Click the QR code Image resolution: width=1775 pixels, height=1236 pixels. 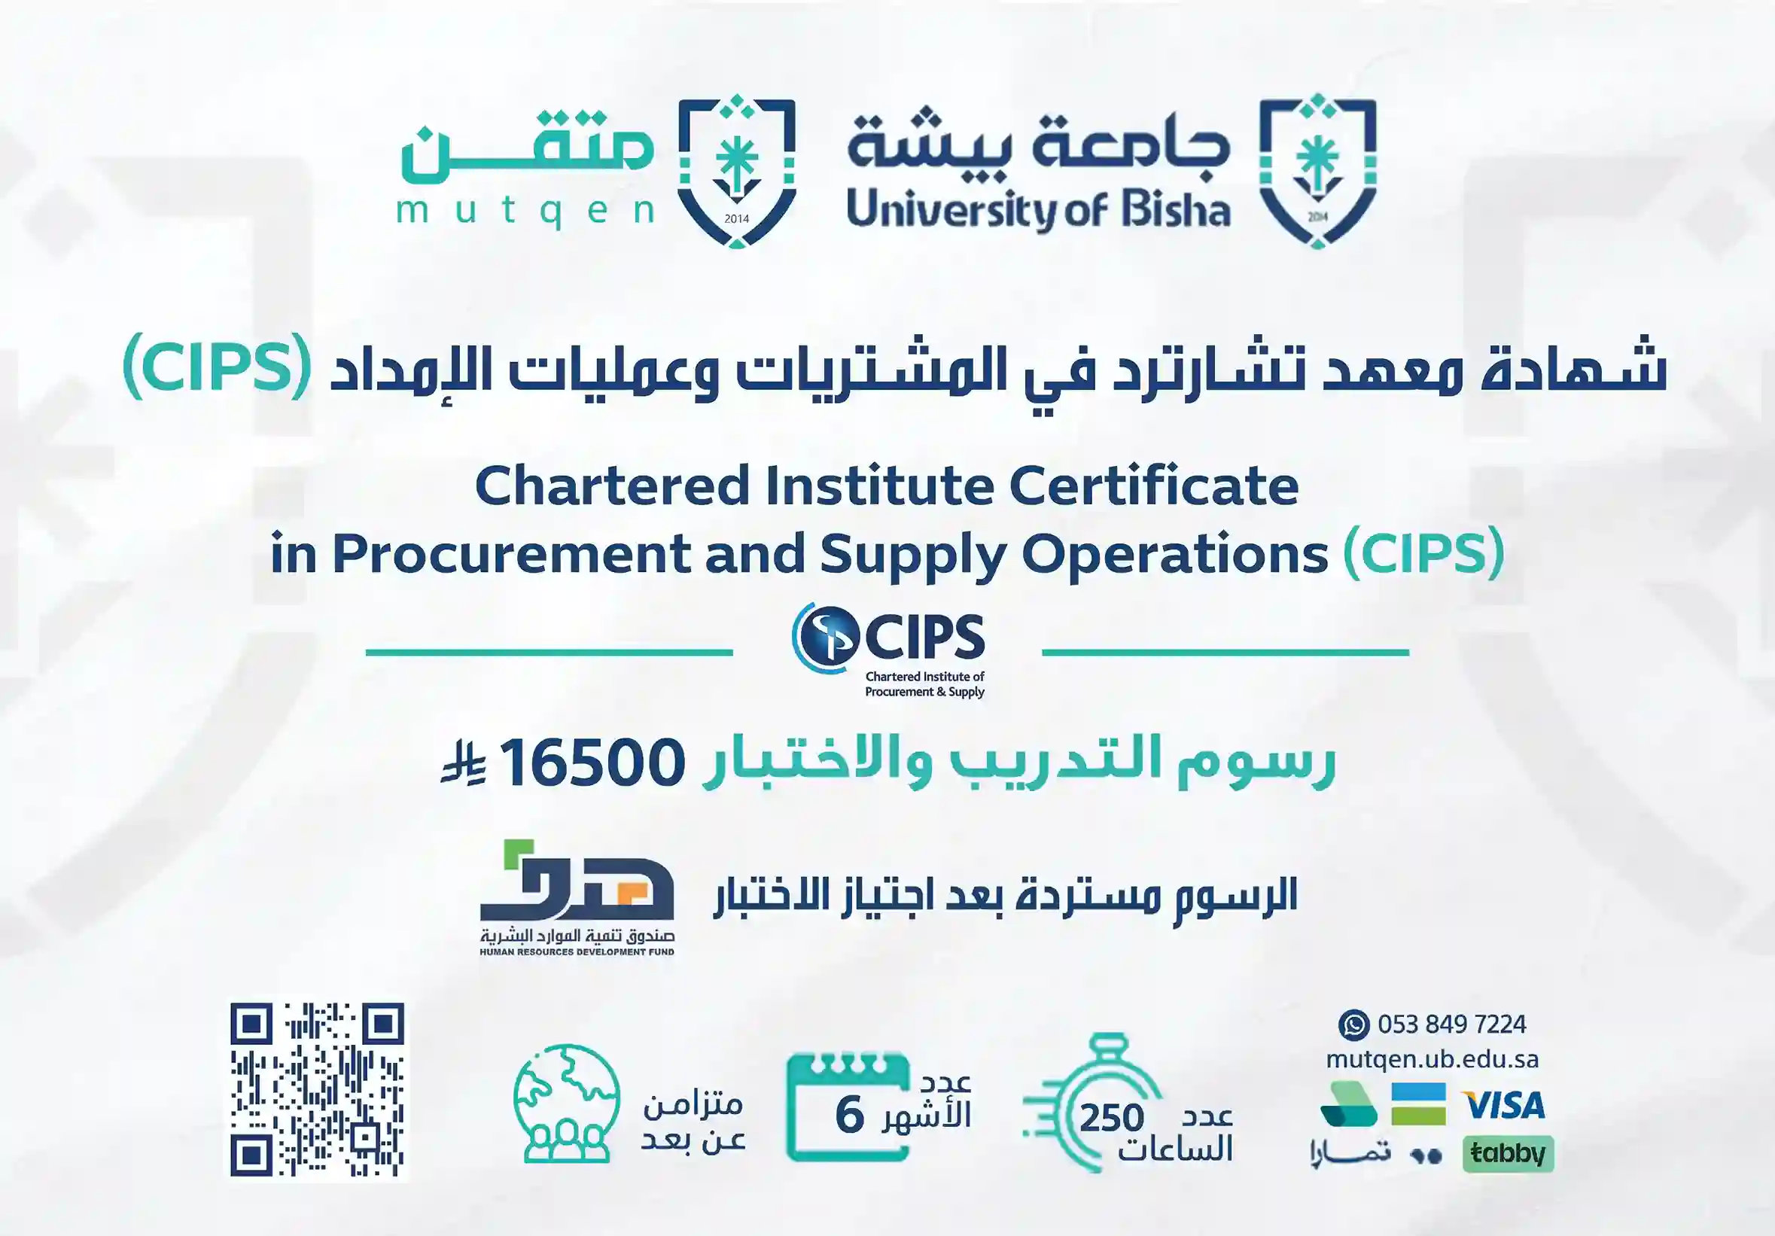(x=317, y=1090)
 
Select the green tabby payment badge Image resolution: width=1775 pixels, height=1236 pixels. (x=1508, y=1154)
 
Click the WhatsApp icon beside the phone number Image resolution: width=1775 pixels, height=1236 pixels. (x=1353, y=1025)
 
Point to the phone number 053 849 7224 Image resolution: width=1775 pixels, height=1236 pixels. (x=1451, y=1025)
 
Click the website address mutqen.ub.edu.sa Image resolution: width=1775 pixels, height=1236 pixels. (x=1432, y=1059)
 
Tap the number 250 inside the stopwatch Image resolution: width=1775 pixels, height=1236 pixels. (x=1112, y=1118)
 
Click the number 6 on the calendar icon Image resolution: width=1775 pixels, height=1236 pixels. (x=849, y=1116)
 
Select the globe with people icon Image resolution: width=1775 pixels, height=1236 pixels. (x=567, y=1103)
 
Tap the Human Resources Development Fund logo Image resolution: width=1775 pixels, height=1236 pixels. (x=577, y=897)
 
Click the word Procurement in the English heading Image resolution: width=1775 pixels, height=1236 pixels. (x=512, y=554)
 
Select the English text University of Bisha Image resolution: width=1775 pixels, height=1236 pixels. (x=1038, y=210)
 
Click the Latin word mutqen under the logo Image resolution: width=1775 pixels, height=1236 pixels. (x=525, y=211)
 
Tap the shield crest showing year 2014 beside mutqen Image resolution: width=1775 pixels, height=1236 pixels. (x=737, y=172)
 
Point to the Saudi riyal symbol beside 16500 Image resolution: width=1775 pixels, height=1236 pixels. (x=463, y=764)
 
